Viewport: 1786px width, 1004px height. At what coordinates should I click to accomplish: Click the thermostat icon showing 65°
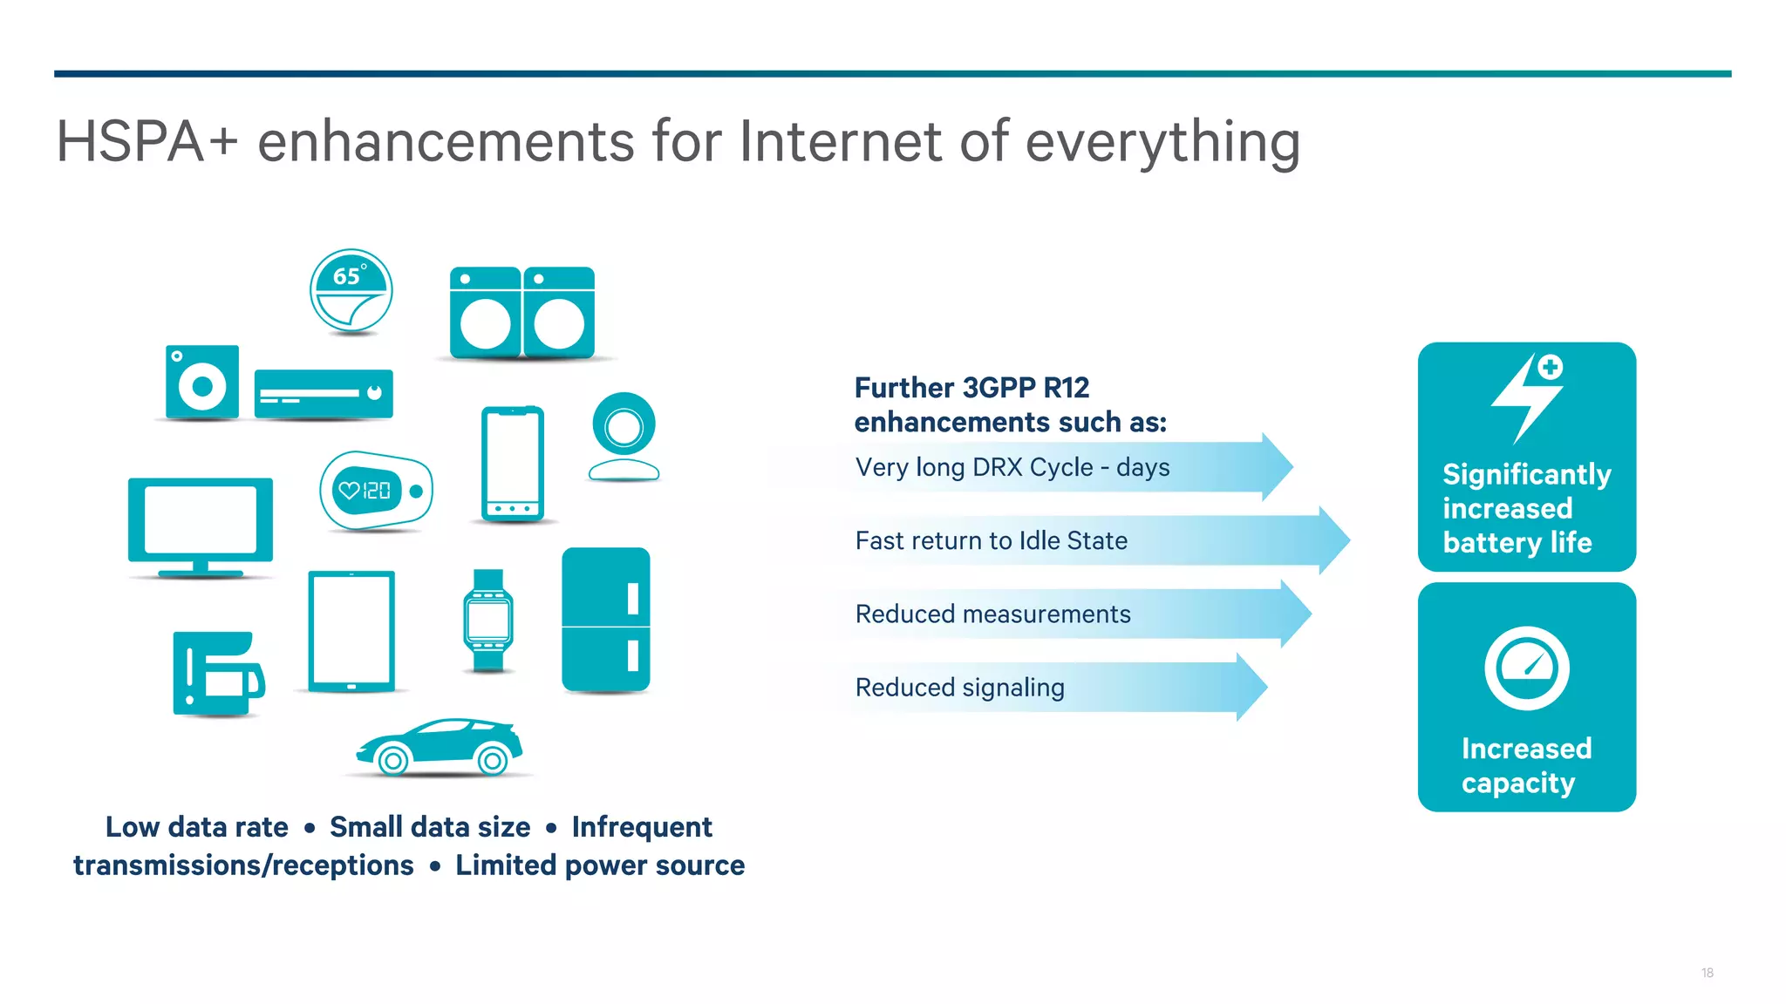tap(351, 290)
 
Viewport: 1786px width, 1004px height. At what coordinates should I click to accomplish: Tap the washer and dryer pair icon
tap(522, 314)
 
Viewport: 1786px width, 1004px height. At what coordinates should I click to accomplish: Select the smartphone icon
tap(513, 463)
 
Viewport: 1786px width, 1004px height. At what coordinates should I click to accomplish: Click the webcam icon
tap(624, 436)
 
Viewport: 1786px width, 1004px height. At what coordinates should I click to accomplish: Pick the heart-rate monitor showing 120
tap(375, 491)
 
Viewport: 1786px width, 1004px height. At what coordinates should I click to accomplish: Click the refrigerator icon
tap(606, 620)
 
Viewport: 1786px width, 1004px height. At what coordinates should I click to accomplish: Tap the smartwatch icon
tap(488, 621)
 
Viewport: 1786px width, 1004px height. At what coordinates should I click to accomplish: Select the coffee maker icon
tap(217, 674)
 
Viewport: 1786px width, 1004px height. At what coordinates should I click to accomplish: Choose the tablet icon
tap(351, 631)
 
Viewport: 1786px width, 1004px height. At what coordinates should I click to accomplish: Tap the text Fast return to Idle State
tap(991, 541)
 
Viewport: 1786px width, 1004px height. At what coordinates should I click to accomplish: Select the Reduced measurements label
tap(992, 614)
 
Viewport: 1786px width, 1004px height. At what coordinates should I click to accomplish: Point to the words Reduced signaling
tap(959, 688)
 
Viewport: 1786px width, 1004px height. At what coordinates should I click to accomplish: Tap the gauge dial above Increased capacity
tap(1526, 668)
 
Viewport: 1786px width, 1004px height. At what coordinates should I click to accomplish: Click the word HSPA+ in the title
tap(147, 142)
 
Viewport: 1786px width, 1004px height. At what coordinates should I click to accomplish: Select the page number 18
tap(1707, 973)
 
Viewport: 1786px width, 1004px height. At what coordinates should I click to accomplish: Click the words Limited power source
tap(600, 865)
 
